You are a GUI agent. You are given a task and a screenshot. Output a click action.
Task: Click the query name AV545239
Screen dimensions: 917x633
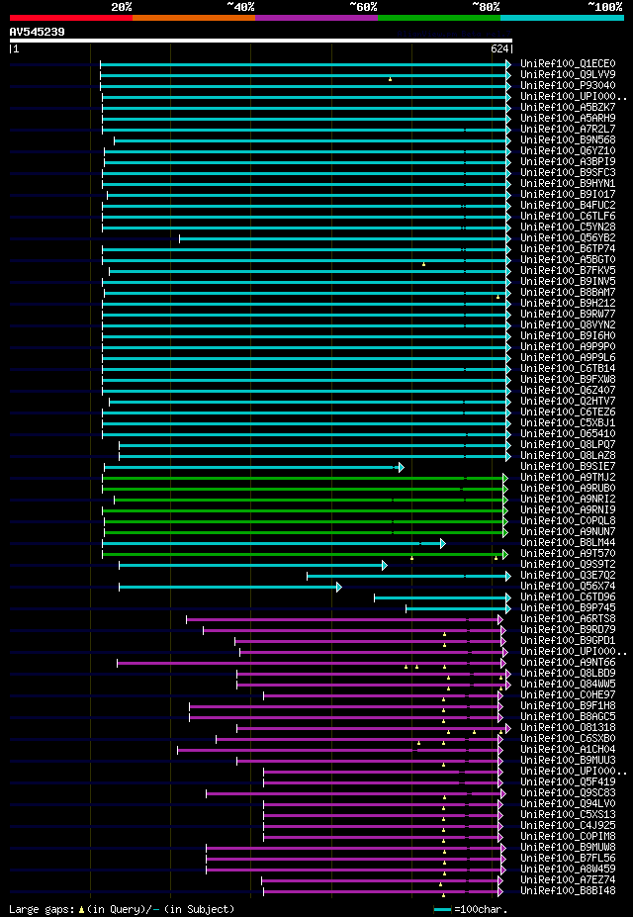coord(38,32)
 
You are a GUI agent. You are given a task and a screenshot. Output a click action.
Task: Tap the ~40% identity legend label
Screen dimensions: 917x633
coord(240,7)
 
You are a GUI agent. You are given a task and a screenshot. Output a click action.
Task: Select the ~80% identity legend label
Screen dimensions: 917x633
coord(486,7)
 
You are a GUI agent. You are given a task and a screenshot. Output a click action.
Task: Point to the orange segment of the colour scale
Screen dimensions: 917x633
coord(193,17)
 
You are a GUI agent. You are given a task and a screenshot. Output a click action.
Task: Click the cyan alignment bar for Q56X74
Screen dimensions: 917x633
coord(228,587)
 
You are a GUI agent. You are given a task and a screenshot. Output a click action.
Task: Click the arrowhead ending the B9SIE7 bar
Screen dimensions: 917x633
coord(401,467)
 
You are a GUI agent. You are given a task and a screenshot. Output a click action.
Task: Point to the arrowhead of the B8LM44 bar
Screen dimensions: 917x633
coord(442,543)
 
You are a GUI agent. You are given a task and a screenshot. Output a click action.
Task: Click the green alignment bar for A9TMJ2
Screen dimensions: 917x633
coord(303,478)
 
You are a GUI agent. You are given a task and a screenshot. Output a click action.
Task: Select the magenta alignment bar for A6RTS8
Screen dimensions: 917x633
coord(342,619)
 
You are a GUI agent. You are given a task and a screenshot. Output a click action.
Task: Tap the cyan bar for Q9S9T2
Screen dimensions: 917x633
coord(251,565)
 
